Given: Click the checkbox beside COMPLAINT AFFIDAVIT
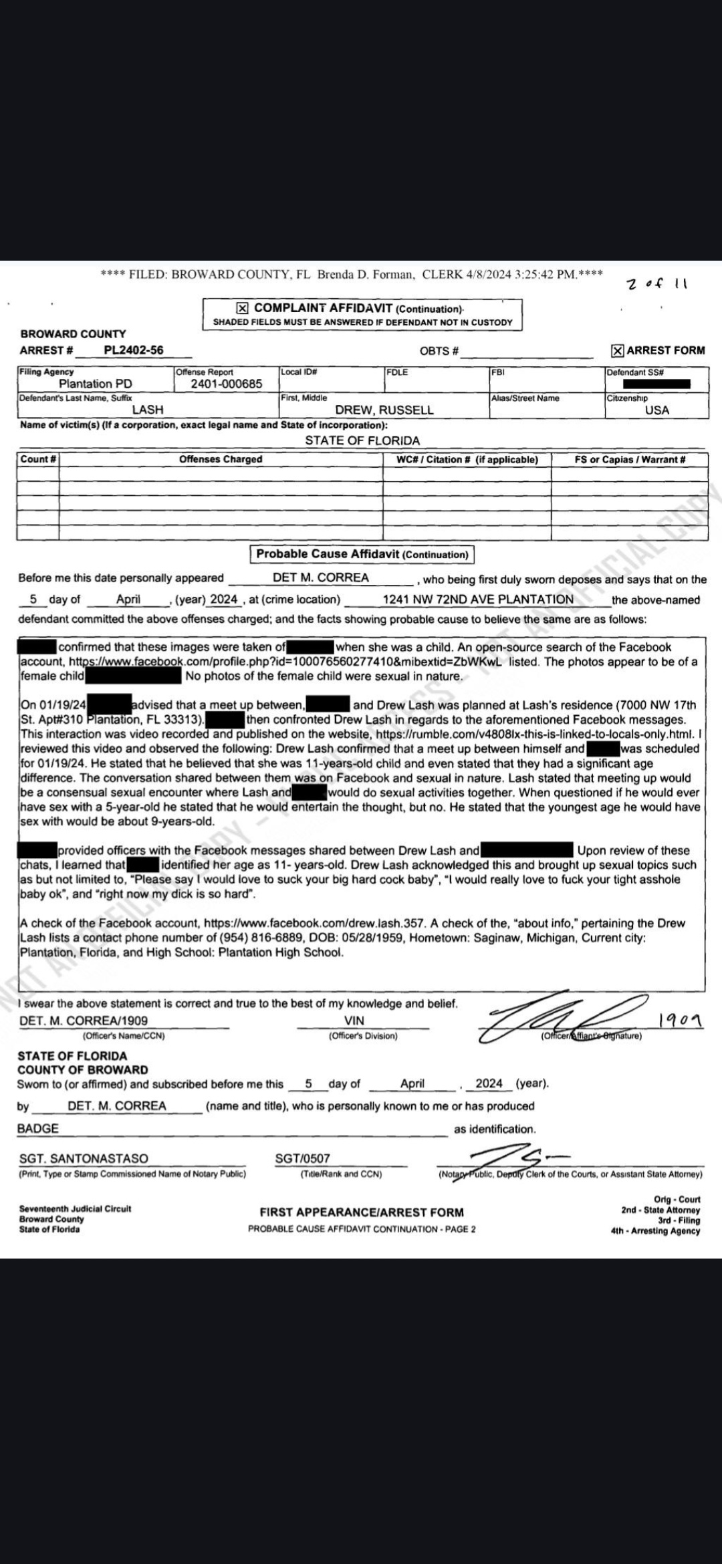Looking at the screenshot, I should [x=243, y=308].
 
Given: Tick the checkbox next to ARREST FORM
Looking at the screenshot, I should [x=618, y=350].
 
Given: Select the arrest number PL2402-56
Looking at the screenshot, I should [x=134, y=350].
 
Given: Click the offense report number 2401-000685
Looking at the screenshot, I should [x=226, y=384].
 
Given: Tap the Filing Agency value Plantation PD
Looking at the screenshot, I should [x=96, y=384].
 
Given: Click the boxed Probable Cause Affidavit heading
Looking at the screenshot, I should [x=362, y=554].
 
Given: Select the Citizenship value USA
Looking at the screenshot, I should [x=656, y=410].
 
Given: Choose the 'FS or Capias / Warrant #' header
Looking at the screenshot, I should [x=630, y=459].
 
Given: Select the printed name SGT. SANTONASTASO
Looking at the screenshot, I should [x=84, y=1158].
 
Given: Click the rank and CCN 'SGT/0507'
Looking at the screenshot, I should [x=302, y=1158].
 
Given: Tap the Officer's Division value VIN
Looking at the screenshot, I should [x=354, y=1021].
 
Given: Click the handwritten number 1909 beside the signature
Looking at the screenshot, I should [x=680, y=1020].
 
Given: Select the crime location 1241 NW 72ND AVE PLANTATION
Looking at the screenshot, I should [x=478, y=600].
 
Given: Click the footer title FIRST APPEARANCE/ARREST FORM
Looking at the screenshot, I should [x=362, y=1212].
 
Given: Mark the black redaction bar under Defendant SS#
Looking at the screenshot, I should [x=656, y=384].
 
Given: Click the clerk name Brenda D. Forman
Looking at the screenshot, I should [x=365, y=274].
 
